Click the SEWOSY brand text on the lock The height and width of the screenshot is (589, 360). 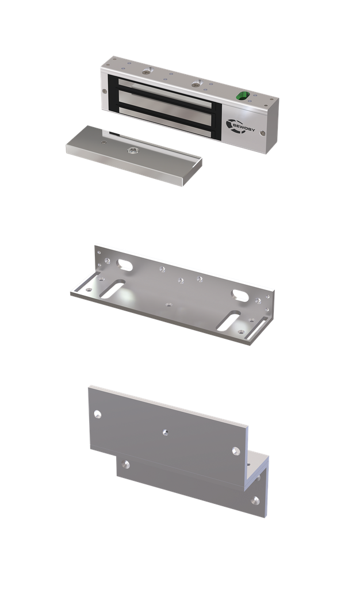coord(243,127)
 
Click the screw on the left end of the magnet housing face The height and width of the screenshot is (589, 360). coord(104,90)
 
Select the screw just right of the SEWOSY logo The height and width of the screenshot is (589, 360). coord(263,133)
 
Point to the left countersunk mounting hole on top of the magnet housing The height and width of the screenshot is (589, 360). coord(147,71)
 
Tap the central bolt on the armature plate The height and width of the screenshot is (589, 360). coord(132,151)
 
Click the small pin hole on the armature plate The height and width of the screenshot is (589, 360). coord(104,143)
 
